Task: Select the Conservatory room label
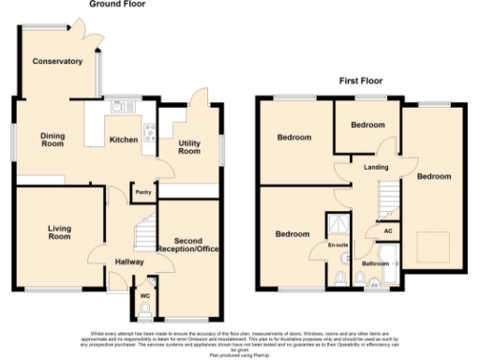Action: click(x=57, y=62)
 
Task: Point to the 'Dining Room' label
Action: click(x=52, y=141)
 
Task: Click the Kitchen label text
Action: click(x=125, y=140)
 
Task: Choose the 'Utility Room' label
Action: click(x=190, y=146)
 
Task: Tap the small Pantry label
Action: click(x=143, y=192)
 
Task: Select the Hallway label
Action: click(x=127, y=262)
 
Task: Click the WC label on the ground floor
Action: click(x=144, y=295)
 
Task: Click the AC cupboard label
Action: click(x=387, y=228)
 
